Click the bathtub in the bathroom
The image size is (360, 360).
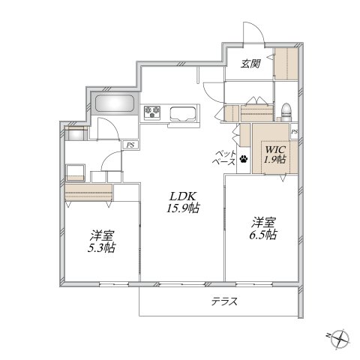coord(115,103)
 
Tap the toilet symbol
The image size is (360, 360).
coord(286,112)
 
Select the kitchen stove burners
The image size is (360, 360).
coord(152,112)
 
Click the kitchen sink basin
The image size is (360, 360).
coord(182,114)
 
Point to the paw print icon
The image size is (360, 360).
coord(244,159)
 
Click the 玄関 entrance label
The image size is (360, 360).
coord(250,64)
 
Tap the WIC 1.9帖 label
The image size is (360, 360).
coord(275,154)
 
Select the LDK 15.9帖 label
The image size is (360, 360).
coord(183,202)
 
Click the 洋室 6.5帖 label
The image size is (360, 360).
coord(264,229)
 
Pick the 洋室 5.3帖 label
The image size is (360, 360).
coord(101,241)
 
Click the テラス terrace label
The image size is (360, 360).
coord(224,301)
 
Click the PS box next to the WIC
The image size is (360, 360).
coord(294,131)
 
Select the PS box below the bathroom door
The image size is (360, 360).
coord(130,145)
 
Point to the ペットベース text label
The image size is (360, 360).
coord(224,157)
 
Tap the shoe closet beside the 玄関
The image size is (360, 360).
coord(286,64)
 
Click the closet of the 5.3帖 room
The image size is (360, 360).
coord(88,193)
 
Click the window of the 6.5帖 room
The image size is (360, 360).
coord(254,284)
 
